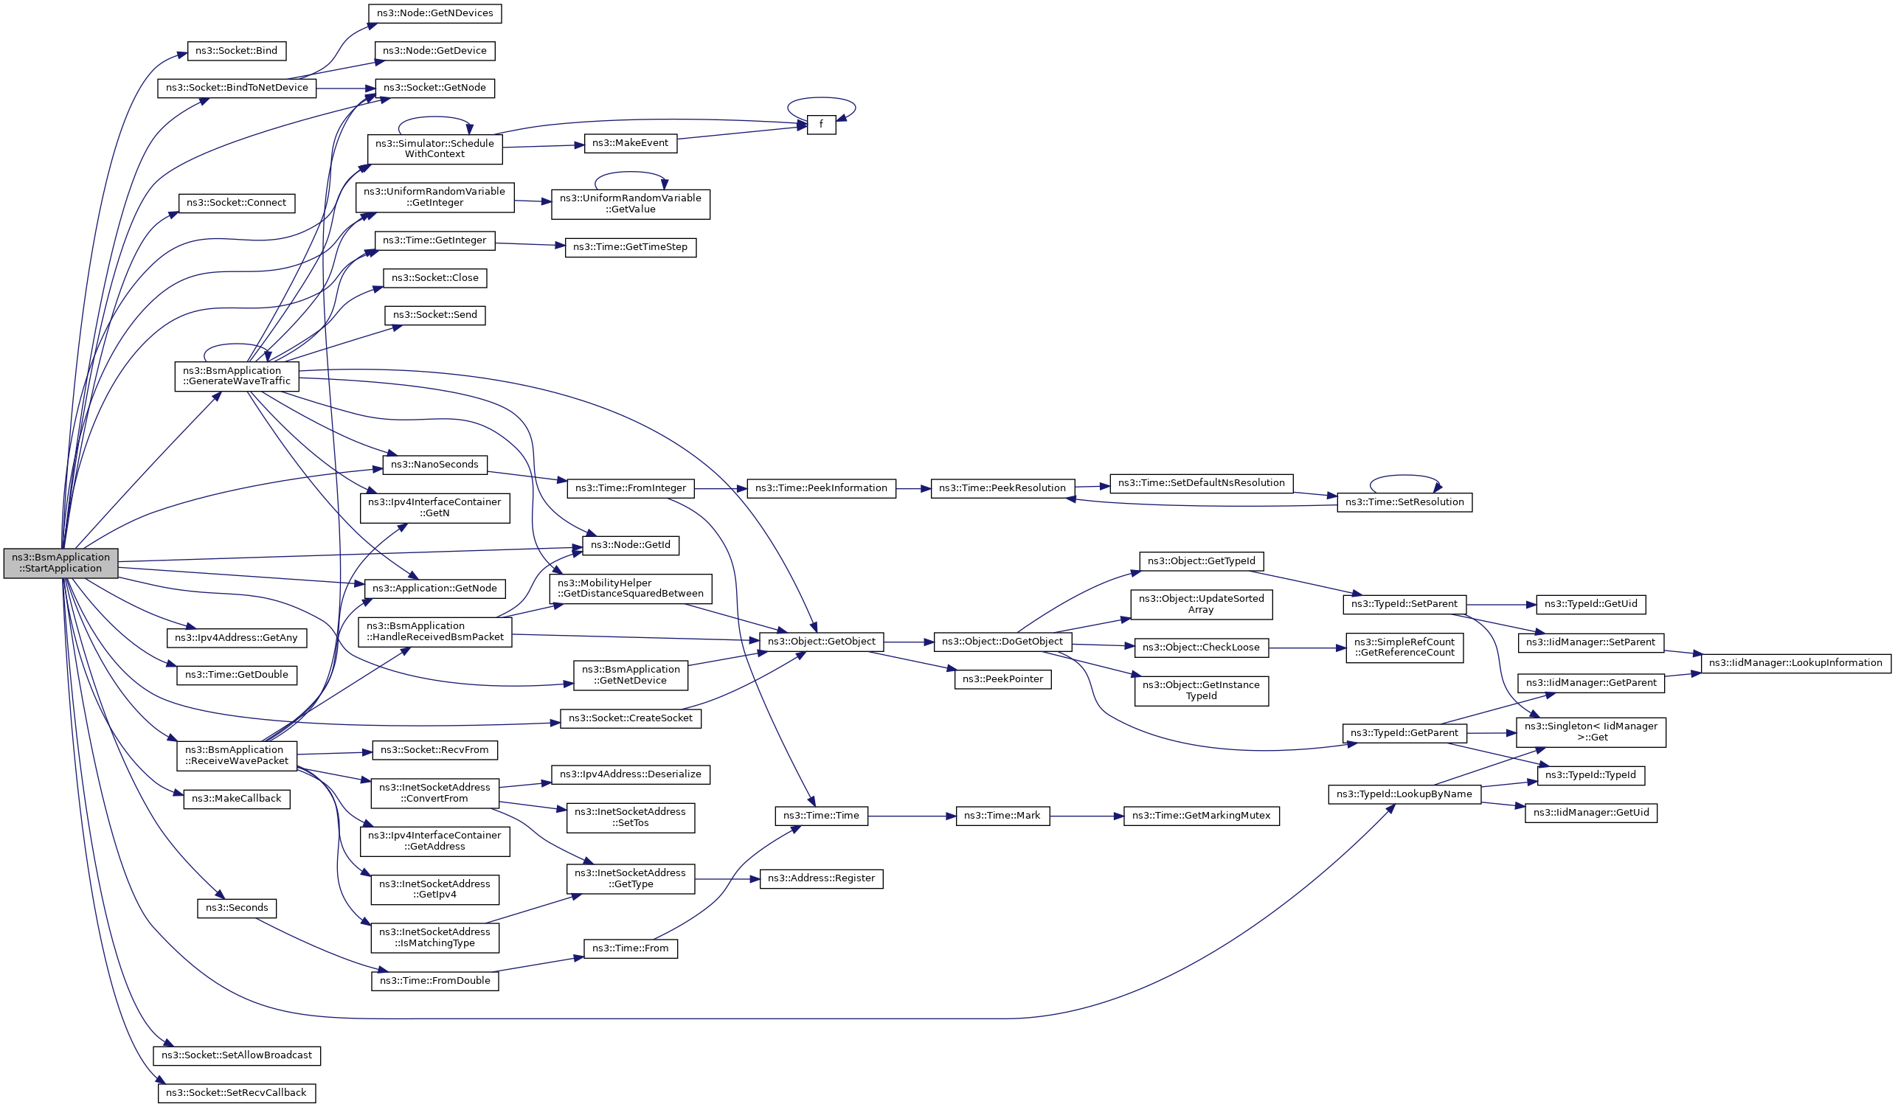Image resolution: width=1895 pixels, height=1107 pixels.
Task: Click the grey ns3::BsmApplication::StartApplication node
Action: point(60,563)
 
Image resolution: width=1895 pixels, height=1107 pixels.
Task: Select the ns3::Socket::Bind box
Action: point(236,51)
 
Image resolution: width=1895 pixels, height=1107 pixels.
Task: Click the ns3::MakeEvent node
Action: point(630,143)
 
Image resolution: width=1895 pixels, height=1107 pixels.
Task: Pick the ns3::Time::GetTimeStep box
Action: point(630,247)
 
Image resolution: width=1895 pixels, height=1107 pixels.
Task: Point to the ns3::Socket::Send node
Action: point(434,315)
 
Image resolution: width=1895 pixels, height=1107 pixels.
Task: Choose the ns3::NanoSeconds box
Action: point(434,465)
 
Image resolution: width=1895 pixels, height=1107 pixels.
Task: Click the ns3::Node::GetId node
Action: point(630,545)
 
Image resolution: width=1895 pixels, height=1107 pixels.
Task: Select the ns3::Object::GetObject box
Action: point(821,642)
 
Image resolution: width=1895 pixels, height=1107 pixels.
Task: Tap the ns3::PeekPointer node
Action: point(1003,679)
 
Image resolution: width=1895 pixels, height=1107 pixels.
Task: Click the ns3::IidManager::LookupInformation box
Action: point(1795,663)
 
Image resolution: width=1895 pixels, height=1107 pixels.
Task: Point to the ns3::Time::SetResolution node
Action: point(1404,502)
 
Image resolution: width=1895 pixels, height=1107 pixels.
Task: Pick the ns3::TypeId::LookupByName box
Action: point(1404,794)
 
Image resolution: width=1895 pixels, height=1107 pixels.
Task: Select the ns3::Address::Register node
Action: point(821,878)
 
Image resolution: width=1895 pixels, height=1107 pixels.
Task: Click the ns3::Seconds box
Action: point(237,908)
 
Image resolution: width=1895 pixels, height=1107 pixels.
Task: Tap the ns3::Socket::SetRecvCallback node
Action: point(236,1093)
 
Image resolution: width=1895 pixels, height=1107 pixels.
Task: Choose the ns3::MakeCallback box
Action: point(236,799)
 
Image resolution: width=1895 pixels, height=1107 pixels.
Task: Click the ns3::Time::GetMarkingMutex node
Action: point(1201,816)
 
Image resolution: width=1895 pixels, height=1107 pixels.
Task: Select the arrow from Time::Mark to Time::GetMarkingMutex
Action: point(1086,816)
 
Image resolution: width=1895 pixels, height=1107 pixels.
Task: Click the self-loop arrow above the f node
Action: point(821,98)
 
